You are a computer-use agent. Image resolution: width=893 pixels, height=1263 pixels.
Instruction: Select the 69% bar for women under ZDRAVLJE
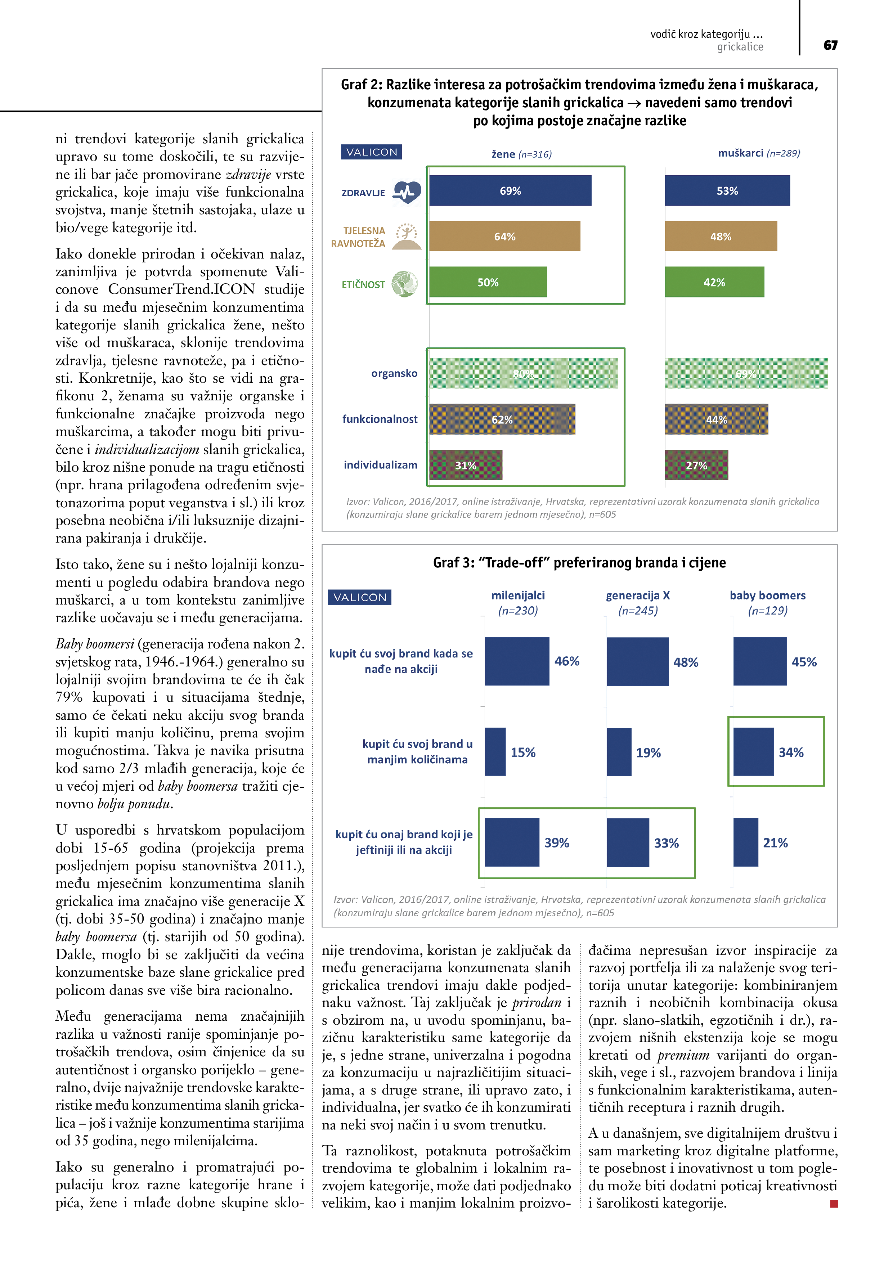[510, 190]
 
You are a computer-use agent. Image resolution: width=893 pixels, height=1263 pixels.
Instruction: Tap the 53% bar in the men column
[727, 190]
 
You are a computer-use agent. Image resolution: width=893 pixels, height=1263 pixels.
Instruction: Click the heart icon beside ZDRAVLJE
[407, 192]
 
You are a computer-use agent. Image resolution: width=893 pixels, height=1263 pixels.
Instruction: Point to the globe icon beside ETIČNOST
[404, 284]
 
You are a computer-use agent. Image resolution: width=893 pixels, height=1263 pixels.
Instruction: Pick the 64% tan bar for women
[504, 236]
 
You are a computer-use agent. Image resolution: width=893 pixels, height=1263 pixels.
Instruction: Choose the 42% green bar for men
[714, 282]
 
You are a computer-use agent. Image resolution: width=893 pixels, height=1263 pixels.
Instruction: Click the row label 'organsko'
[394, 373]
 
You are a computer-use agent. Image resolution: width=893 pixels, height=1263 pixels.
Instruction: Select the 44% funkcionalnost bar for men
[717, 419]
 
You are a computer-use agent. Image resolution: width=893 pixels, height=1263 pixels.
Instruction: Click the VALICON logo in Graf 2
[371, 152]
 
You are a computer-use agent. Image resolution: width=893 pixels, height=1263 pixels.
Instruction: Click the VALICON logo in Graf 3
[360, 597]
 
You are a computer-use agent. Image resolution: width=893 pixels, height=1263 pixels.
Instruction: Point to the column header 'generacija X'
[638, 595]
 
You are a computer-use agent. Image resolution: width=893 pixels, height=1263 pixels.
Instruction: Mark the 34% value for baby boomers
[791, 752]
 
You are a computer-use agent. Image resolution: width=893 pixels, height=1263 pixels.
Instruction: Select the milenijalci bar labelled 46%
[517, 661]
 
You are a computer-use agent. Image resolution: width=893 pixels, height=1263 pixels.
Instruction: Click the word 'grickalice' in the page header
[740, 47]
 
